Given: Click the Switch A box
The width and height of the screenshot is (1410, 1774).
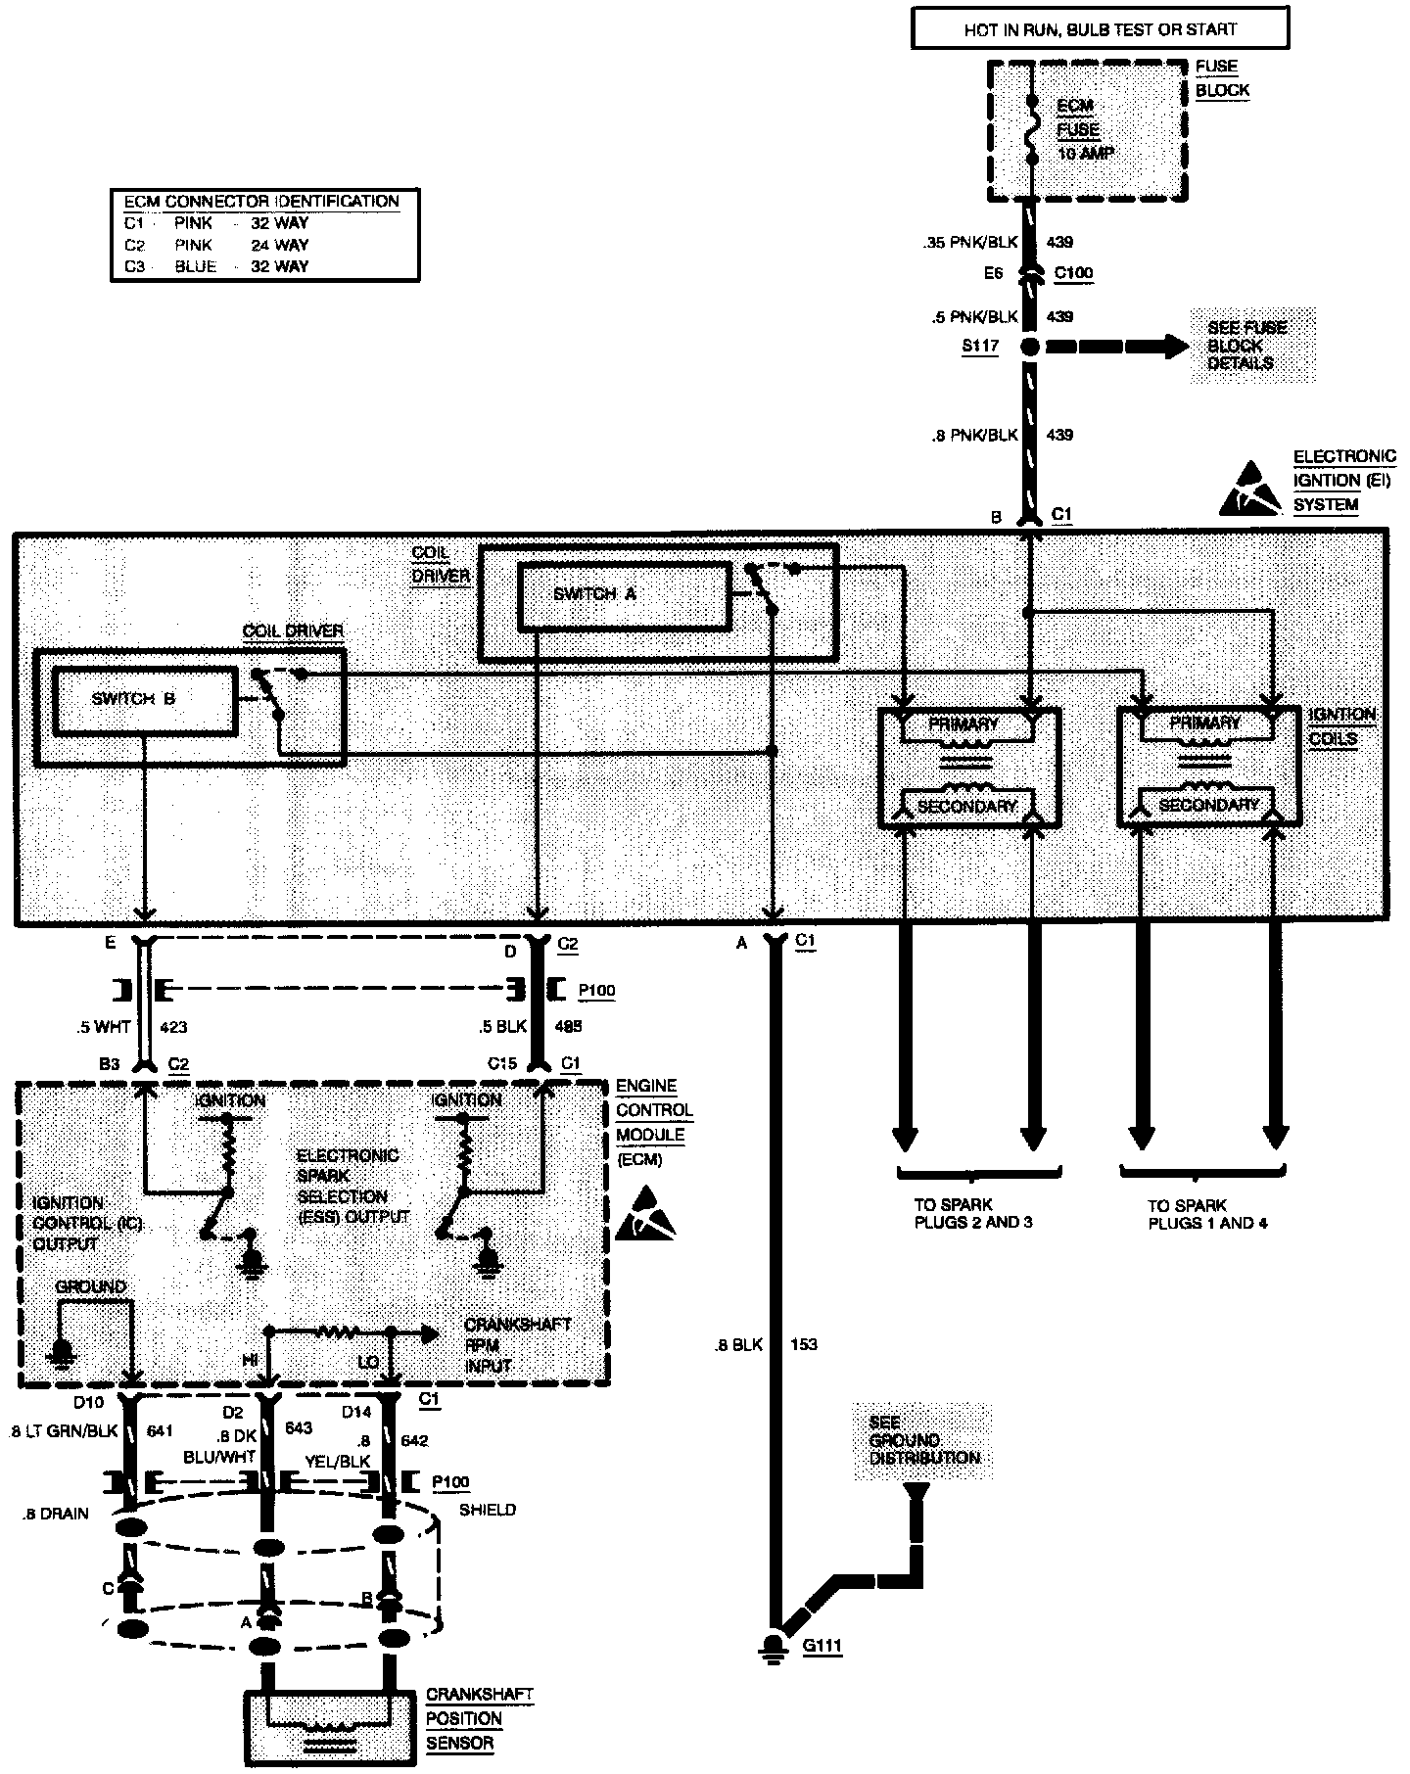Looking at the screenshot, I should [624, 594].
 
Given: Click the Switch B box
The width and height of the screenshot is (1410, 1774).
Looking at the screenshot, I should [144, 699].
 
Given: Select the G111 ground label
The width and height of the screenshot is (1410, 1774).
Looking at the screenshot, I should [822, 1646].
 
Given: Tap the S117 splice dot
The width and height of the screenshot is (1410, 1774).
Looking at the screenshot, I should [1030, 347].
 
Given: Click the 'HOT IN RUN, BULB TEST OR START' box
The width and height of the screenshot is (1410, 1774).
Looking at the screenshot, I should [1100, 29].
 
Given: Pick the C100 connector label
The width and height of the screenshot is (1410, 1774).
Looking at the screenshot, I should [1073, 274].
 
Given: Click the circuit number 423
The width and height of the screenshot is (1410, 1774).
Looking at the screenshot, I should [173, 1027].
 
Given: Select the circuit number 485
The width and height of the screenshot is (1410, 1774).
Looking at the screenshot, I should [567, 1027].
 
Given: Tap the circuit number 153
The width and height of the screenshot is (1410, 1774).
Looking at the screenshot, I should [803, 1344].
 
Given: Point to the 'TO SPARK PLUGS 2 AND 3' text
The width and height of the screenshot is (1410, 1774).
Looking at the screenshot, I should [973, 1214].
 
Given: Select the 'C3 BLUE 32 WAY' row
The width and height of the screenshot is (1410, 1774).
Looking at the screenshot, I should [215, 266].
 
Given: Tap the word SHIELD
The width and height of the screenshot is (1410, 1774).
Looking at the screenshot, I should [487, 1510].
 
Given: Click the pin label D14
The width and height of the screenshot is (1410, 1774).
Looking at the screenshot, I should [357, 1412].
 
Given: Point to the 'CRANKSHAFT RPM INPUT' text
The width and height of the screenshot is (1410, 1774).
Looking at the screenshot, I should [516, 1344].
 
